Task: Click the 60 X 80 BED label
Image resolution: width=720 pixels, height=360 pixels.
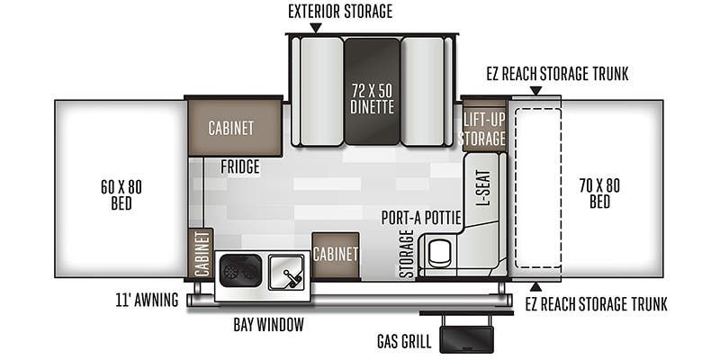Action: tap(121, 194)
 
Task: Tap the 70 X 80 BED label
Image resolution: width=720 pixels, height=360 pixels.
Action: tap(599, 193)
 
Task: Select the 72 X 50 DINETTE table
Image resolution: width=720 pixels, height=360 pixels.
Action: tap(373, 92)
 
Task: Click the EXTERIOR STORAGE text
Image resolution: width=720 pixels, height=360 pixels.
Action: tap(340, 12)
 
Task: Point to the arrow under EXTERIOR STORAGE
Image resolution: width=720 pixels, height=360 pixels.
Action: tap(316, 28)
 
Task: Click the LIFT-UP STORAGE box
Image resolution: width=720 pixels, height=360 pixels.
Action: tap(484, 125)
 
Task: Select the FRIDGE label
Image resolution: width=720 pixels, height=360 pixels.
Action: tap(239, 166)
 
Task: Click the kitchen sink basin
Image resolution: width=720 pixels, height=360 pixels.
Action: tap(286, 273)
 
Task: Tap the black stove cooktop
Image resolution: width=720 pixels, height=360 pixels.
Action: tap(240, 271)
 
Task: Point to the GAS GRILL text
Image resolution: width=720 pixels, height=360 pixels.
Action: tap(404, 342)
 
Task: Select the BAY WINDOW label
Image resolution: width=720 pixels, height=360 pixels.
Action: tap(268, 325)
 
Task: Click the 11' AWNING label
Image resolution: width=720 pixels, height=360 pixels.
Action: tap(147, 301)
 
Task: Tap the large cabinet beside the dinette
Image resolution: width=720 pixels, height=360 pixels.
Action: tap(234, 128)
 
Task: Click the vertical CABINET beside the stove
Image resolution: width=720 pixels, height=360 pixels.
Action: tap(201, 254)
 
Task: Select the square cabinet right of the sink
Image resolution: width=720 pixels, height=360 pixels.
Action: tap(336, 255)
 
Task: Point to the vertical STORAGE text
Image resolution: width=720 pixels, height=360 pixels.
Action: tap(407, 254)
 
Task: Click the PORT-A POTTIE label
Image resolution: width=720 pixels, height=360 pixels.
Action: tap(421, 218)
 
